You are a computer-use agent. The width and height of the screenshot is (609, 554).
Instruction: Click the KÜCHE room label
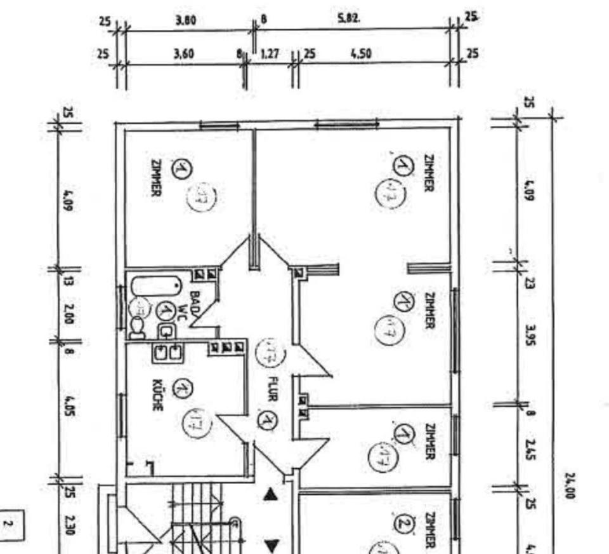(157, 395)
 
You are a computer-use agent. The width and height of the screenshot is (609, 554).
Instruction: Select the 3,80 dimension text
(185, 20)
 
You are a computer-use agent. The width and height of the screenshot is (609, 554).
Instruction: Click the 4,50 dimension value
(360, 54)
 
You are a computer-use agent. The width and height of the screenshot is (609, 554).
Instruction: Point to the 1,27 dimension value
(270, 55)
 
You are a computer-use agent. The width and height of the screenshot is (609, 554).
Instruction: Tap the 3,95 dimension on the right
(530, 334)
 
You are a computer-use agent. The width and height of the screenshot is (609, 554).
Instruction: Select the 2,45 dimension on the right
(530, 450)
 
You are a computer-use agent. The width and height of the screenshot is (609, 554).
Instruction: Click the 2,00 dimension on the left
(69, 313)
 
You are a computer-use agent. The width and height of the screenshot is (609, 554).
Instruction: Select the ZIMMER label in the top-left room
(156, 177)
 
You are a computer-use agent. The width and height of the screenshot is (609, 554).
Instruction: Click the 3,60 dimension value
(183, 55)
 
